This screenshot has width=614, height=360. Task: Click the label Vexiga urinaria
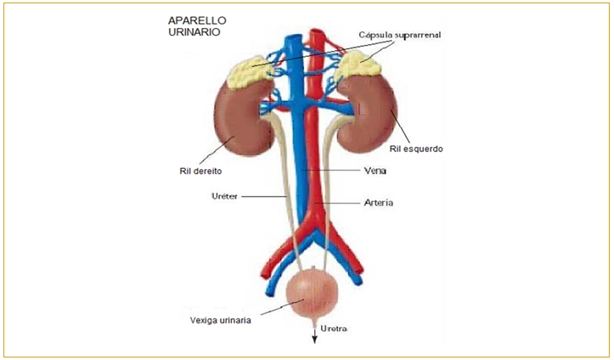pyautogui.click(x=220, y=321)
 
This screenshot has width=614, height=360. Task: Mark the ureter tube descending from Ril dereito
pyautogui.click(x=284, y=195)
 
